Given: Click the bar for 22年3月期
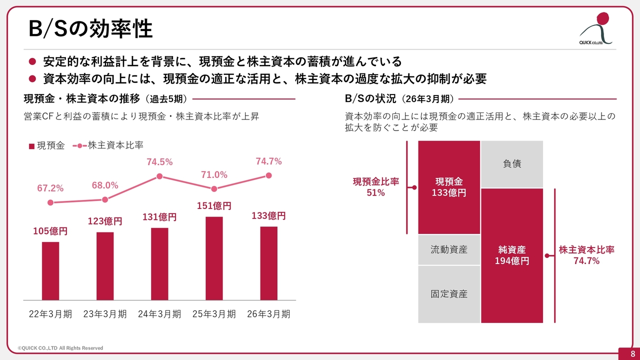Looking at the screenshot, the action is pyautogui.click(x=50, y=271).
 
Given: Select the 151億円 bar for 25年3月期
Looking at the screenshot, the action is pyautogui.click(x=214, y=258).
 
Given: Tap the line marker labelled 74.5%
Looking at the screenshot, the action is pyautogui.click(x=159, y=176).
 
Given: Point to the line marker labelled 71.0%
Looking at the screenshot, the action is pyautogui.click(x=214, y=188).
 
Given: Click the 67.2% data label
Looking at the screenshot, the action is pyautogui.click(x=50, y=188).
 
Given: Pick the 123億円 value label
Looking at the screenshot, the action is pyautogui.click(x=105, y=221).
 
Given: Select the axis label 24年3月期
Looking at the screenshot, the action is pyautogui.click(x=159, y=314).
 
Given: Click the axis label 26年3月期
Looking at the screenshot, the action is pyautogui.click(x=268, y=314).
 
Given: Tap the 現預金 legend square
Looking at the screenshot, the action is pyautogui.click(x=31, y=146).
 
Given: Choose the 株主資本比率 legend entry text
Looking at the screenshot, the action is pyautogui.click(x=115, y=145).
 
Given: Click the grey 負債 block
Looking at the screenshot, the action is pyautogui.click(x=512, y=164).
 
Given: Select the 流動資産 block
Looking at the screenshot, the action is pyautogui.click(x=449, y=249).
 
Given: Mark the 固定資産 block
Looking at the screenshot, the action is pyautogui.click(x=449, y=294).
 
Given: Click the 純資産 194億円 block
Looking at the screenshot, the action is pyautogui.click(x=512, y=255).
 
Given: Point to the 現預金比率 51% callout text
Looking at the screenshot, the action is pyautogui.click(x=375, y=187).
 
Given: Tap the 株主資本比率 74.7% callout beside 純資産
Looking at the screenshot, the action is pyautogui.click(x=586, y=255).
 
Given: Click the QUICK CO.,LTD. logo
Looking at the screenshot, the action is pyautogui.click(x=596, y=28).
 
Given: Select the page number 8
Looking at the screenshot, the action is pyautogui.click(x=633, y=353).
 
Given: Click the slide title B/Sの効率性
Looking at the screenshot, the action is pyautogui.click(x=90, y=28).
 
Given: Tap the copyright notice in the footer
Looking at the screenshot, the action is pyautogui.click(x=60, y=348).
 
